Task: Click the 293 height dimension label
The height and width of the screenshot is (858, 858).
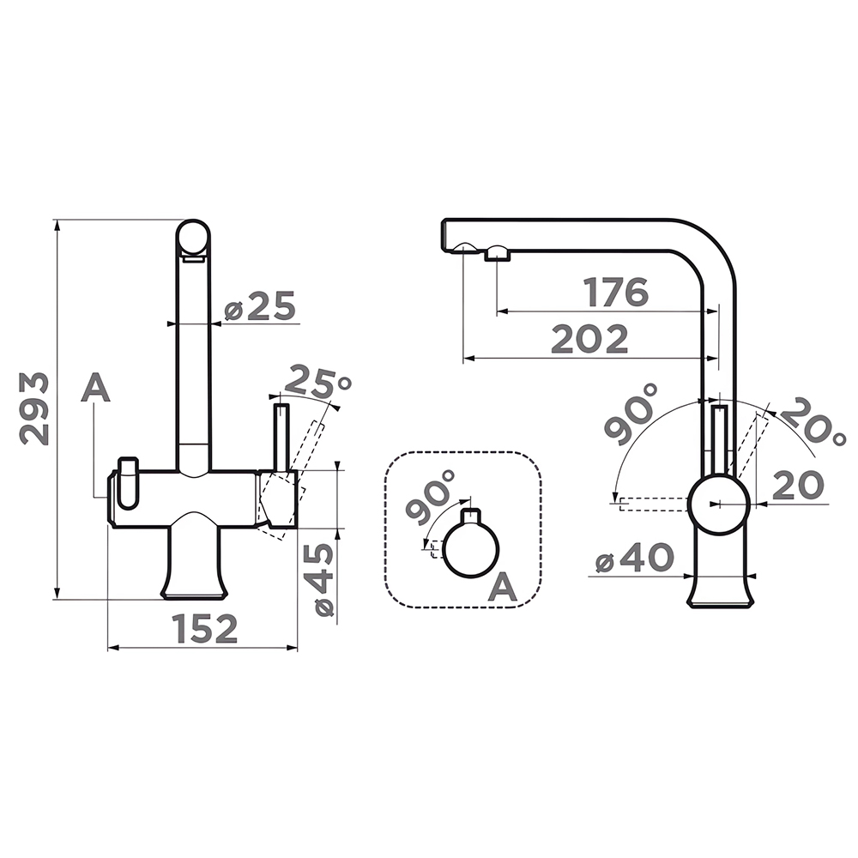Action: tap(34, 408)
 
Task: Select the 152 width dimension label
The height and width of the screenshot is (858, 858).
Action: tap(205, 629)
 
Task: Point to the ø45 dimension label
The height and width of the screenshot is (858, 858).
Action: tap(318, 580)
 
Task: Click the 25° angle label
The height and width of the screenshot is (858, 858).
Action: tap(317, 381)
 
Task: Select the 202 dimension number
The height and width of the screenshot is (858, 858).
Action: tap(590, 339)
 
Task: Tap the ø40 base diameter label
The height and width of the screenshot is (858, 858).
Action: tap(634, 558)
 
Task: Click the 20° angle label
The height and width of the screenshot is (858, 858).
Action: tap(812, 421)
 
